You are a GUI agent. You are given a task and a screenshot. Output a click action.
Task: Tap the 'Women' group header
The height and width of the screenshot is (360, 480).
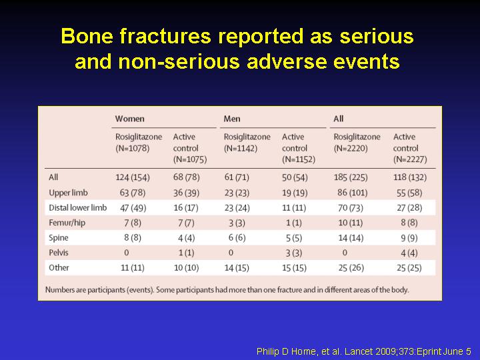coord(130,119)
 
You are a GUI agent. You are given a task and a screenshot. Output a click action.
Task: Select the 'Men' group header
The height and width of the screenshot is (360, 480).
coord(232,119)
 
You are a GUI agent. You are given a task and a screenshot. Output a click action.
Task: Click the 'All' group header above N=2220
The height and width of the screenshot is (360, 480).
coord(338,119)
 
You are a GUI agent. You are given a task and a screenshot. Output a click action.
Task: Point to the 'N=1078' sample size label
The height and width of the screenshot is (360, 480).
coord(133,149)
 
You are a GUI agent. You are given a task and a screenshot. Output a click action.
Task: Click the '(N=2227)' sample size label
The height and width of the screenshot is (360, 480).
coord(410,159)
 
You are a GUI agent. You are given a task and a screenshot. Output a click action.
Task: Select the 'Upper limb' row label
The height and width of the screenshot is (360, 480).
coord(68,193)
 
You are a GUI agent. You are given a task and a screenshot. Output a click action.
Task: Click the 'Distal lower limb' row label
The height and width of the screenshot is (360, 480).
coord(78,207)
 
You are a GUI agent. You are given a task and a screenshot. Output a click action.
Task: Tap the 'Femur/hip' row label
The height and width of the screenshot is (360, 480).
coord(67,223)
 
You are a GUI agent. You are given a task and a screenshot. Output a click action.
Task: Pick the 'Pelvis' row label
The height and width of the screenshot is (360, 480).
coord(59,253)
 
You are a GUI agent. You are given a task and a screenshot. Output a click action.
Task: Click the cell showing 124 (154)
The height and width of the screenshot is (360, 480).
coord(133,177)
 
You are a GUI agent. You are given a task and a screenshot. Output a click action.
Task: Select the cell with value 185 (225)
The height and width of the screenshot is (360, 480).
coord(351,177)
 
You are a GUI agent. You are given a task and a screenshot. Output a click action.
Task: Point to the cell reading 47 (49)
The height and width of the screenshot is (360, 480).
coord(133,208)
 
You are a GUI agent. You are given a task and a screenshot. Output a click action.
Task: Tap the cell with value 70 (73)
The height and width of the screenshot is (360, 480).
coord(351,208)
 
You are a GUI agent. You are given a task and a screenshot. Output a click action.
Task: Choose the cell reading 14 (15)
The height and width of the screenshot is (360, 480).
coord(237,268)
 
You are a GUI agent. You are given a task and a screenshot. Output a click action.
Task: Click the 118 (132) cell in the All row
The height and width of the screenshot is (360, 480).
coord(410,177)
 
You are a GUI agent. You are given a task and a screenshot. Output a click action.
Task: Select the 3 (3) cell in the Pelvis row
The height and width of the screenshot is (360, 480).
coord(294,253)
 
